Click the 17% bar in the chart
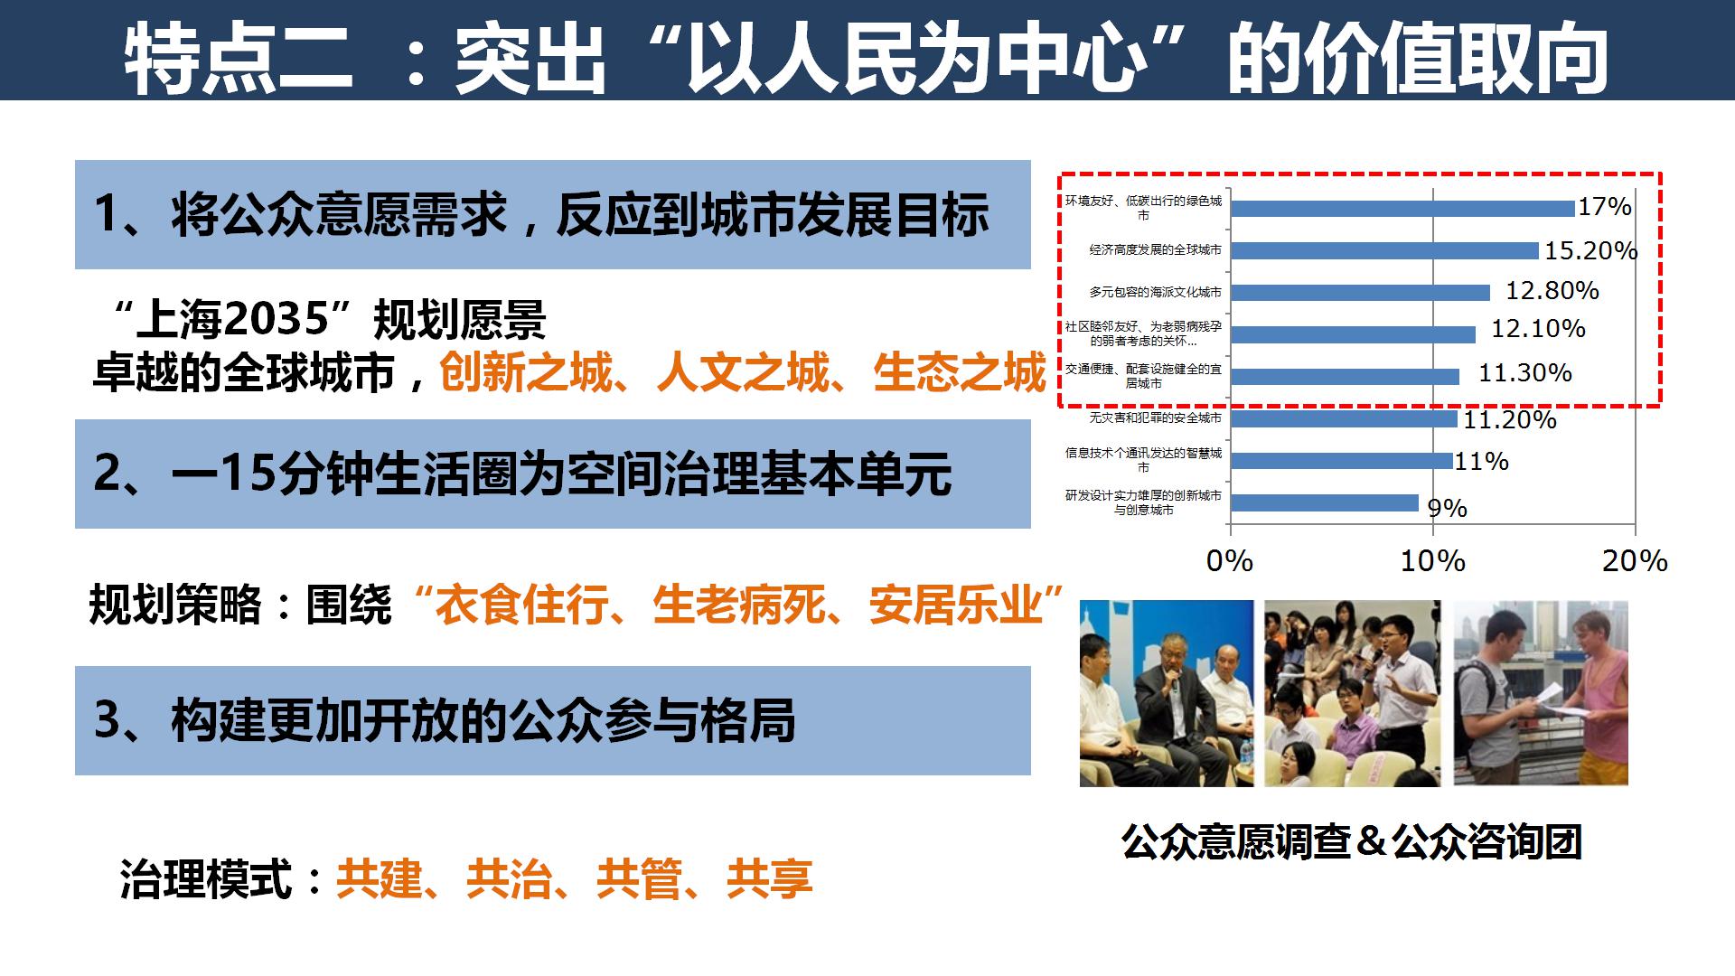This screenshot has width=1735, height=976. pyautogui.click(x=1402, y=208)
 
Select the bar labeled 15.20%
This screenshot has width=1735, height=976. pyautogui.click(x=1384, y=250)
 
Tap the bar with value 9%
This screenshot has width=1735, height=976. pyautogui.click(x=1325, y=502)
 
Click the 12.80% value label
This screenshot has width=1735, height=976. pyautogui.click(x=1552, y=291)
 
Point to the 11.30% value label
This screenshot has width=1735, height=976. pyautogui.click(x=1525, y=372)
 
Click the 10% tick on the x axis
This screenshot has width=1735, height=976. pyautogui.click(x=1432, y=561)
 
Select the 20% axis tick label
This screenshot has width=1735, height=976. pyautogui.click(x=1635, y=561)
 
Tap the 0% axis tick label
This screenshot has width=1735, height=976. pyautogui.click(x=1230, y=561)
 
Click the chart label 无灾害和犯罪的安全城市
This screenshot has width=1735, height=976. pyautogui.click(x=1155, y=418)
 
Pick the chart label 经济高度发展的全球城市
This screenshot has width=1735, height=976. pyautogui.click(x=1155, y=249)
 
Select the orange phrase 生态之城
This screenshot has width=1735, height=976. pyautogui.click(x=960, y=372)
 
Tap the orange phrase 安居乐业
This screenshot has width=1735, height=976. pyautogui.click(x=956, y=605)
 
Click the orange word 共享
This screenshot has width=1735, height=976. pyautogui.click(x=770, y=878)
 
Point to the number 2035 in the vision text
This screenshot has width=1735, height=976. pyautogui.click(x=275, y=319)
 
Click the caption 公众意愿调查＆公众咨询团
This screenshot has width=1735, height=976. pyautogui.click(x=1351, y=841)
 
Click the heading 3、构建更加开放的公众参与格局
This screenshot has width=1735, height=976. pyautogui.click(x=445, y=720)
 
